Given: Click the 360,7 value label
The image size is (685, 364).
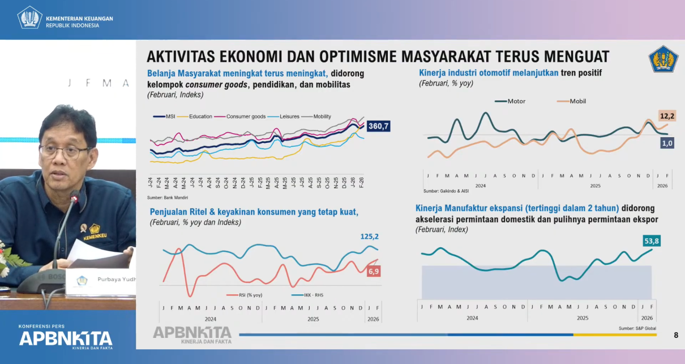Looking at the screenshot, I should point(379,126).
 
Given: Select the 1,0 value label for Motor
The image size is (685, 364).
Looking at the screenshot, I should point(667,143).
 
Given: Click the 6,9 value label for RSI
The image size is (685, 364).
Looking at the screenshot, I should point(374,272).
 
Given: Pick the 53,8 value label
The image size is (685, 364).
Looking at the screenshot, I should point(652,241).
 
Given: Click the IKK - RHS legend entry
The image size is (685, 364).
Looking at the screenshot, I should point(307,295).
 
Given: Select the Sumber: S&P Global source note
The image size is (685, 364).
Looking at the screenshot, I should point(637,328).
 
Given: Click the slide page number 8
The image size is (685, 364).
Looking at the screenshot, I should point(675,335).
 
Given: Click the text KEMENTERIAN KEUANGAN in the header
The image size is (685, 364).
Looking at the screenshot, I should point(79,18).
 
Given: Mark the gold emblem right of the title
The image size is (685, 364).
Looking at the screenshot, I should point(663,59).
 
